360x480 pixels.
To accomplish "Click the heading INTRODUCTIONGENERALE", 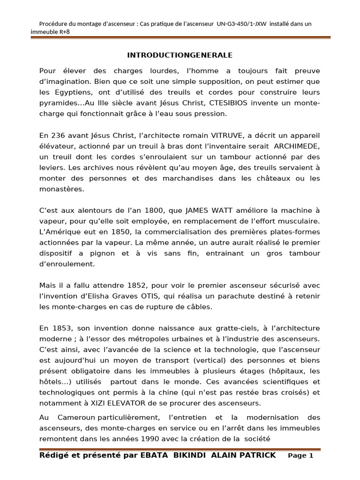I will pos(180,55).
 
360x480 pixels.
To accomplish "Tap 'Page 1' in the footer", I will pos(300,456).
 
